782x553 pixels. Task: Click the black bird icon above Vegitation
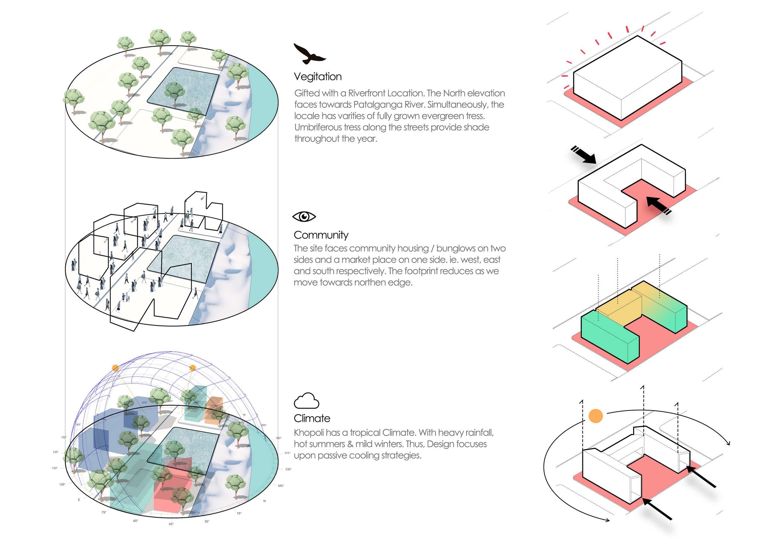pos(309,54)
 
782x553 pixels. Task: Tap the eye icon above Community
pos(304,216)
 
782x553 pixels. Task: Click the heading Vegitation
pos(318,77)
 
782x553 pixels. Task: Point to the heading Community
pos(321,235)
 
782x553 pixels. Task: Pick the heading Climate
pos(312,418)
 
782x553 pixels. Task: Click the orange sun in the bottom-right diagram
pos(595,416)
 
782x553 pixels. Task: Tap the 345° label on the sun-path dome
pos(281,486)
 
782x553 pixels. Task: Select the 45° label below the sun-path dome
pos(171,524)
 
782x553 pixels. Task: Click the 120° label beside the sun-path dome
pos(55,468)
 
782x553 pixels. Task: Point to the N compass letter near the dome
pos(264,501)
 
